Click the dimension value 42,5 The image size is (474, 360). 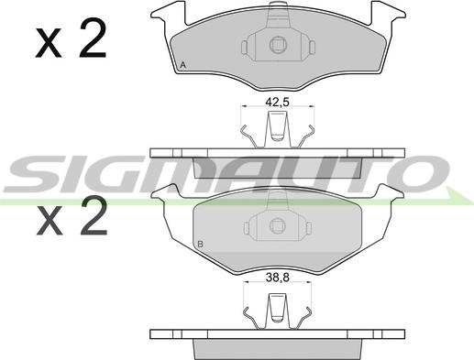pos(277,102)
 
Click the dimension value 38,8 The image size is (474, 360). pos(277,278)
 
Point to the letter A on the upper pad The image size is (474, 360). pos(182,65)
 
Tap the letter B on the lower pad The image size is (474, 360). pos(201,244)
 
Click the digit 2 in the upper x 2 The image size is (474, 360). pos(93,38)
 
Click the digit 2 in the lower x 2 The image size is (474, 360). pos(94,215)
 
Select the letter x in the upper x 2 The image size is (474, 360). pos(49,43)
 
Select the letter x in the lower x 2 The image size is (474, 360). pos(50,221)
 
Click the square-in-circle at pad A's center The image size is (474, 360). pos(278,45)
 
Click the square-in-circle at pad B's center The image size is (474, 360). pos(278,226)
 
